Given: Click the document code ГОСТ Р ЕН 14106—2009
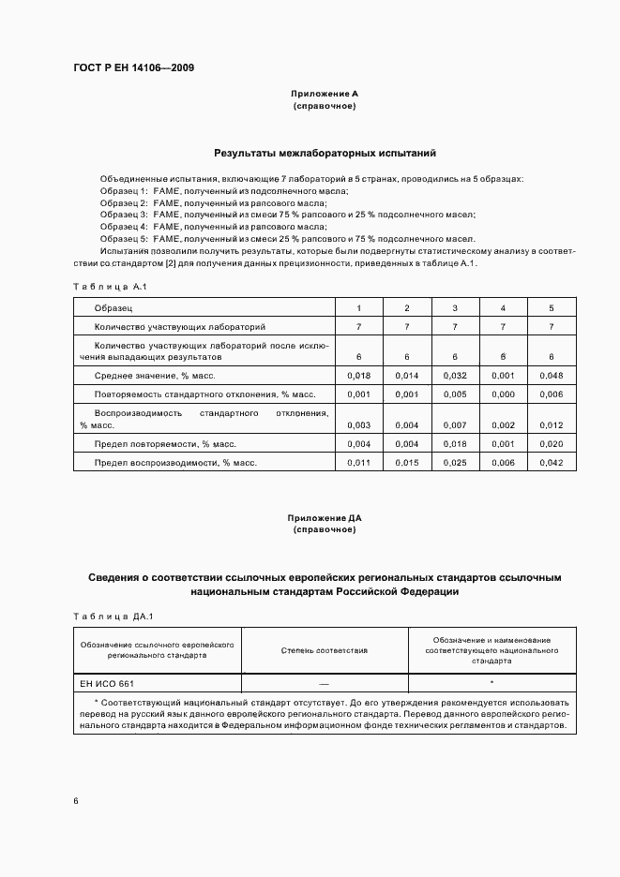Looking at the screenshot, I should pyautogui.click(x=134, y=67).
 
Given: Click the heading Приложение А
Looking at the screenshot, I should pyautogui.click(x=324, y=95).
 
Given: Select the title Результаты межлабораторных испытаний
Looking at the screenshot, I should pyautogui.click(x=325, y=152).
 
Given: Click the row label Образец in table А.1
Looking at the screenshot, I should pyautogui.click(x=113, y=308).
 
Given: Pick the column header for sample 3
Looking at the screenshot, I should pyautogui.click(x=455, y=308).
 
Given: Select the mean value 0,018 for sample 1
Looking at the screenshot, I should pyautogui.click(x=358, y=375).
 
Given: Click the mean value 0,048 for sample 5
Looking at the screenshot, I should pyautogui.click(x=551, y=375).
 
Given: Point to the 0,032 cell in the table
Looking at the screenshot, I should pyautogui.click(x=455, y=375).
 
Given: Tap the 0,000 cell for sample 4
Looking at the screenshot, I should pyautogui.click(x=503, y=394).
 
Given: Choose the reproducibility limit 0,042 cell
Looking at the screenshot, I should pyautogui.click(x=551, y=463).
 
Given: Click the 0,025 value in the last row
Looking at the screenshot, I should pyautogui.click(x=455, y=463).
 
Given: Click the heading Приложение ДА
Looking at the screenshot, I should pyautogui.click(x=324, y=517).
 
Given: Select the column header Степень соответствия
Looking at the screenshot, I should pyautogui.click(x=324, y=650).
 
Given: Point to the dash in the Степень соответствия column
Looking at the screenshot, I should pyautogui.click(x=324, y=683).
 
